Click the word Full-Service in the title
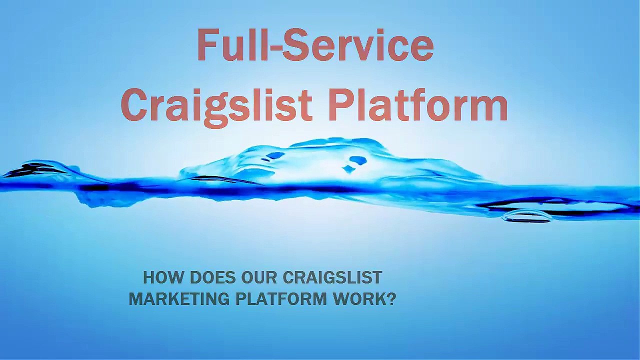[315, 45]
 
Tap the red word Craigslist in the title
[216, 106]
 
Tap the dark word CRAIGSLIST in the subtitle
[332, 277]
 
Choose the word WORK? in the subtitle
[365, 299]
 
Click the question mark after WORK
[391, 299]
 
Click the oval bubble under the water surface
[527, 216]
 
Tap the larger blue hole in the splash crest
[357, 160]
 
